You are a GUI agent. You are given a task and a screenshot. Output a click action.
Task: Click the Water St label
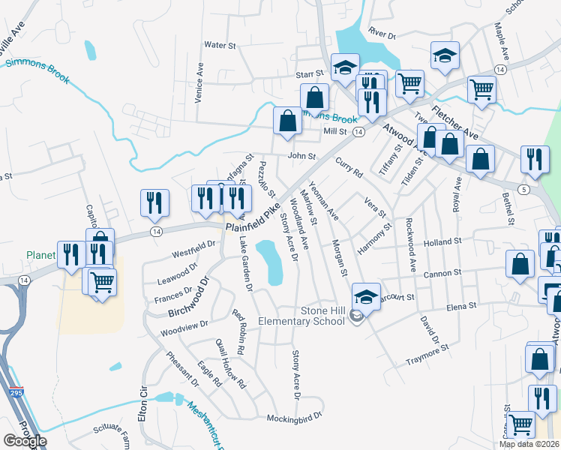tap(220, 45)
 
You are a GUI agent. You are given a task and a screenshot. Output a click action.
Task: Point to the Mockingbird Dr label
tap(294, 415)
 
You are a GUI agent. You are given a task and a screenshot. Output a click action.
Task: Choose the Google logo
tap(25, 440)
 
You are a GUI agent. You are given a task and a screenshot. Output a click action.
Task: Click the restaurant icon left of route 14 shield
tap(154, 202)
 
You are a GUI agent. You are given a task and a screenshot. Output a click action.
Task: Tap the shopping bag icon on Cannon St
tap(520, 264)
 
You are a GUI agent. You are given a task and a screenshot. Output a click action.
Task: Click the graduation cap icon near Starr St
tap(345, 67)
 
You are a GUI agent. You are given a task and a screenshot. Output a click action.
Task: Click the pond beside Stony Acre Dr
tap(270, 261)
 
